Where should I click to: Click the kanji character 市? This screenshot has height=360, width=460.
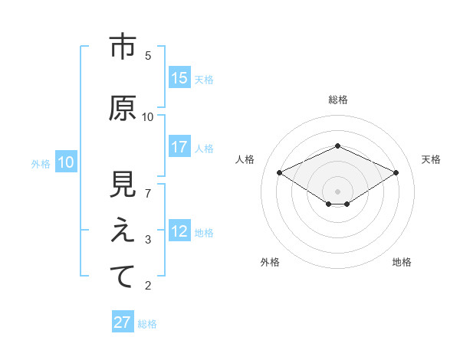pos(123,47)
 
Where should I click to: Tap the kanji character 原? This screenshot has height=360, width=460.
pos(123,109)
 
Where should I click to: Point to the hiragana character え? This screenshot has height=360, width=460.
pos(123,231)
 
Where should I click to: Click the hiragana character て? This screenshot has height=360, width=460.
pos(123,277)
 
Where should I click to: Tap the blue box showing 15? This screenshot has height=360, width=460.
pos(179,78)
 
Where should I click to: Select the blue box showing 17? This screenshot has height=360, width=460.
pos(179,147)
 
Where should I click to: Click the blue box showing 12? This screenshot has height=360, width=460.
pos(179,232)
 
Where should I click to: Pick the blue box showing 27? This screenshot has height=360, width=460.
pos(123,322)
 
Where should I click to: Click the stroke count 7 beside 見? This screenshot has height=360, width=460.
pos(148,193)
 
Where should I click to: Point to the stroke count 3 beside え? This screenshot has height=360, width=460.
pos(148,240)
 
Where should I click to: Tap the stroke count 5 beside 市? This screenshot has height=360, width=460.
pos(148,56)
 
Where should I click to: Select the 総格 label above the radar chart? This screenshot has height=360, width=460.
pos(337,100)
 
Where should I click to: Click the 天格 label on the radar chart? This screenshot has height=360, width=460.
pos(431,159)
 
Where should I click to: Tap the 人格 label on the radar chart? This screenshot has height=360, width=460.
pos(245,159)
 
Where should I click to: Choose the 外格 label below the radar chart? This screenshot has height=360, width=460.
pos(270,262)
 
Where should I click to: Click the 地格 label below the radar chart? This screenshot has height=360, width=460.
pos(402,262)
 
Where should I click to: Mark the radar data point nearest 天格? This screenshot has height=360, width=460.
pos(396,172)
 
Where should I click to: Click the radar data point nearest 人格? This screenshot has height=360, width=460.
pos(279,172)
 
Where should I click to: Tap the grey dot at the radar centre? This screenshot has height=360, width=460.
pos(337,191)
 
